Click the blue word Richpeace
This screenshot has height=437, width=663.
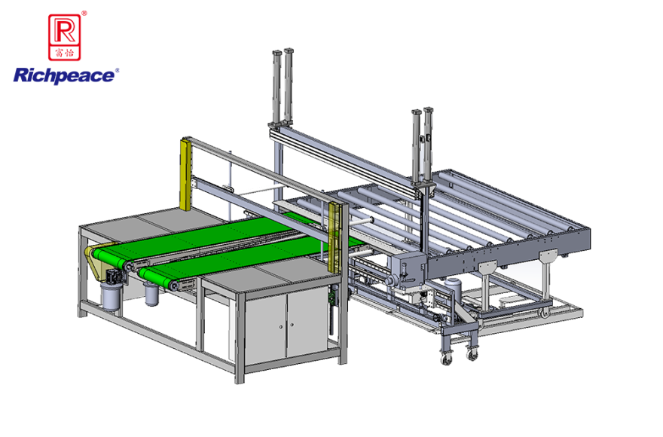click(64, 76)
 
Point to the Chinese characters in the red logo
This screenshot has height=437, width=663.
click(65, 53)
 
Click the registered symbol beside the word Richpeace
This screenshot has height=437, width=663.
click(117, 71)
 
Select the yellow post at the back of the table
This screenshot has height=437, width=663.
click(185, 174)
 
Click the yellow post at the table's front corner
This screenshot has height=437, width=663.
click(334, 237)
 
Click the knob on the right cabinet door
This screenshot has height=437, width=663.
click(292, 325)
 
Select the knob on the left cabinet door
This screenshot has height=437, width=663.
click(281, 326)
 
